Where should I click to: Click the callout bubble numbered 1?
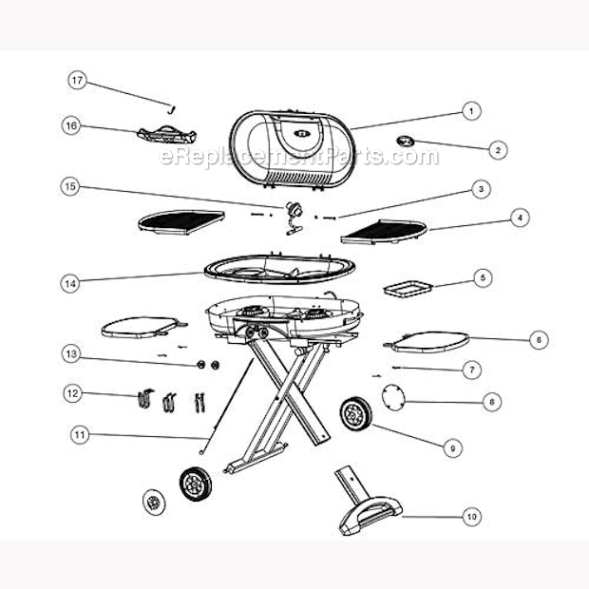click(x=469, y=111)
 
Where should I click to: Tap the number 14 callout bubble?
click(x=69, y=282)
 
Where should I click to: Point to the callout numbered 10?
click(x=470, y=517)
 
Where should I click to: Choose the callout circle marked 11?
click(x=80, y=435)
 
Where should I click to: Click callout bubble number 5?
click(x=483, y=278)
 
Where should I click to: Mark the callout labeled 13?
click(x=69, y=354)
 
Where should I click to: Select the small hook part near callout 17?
click(x=173, y=106)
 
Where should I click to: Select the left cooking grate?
click(x=180, y=222)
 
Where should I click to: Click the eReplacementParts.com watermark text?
click(x=299, y=156)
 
